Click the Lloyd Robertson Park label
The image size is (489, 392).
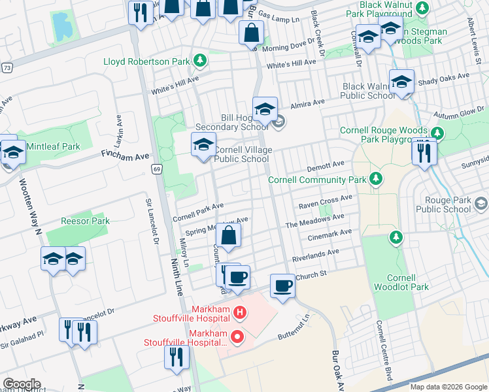146,62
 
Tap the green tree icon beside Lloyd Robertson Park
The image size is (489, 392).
200,62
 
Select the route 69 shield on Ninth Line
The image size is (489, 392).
156,169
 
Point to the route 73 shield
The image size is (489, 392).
7,67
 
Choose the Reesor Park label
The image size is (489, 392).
85,221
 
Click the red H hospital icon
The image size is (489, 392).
239,314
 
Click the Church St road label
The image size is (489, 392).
311,276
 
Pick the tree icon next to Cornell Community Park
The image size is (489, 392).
375,179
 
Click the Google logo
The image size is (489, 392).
22,384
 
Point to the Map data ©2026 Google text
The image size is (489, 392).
448,387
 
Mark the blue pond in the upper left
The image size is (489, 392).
61,25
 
